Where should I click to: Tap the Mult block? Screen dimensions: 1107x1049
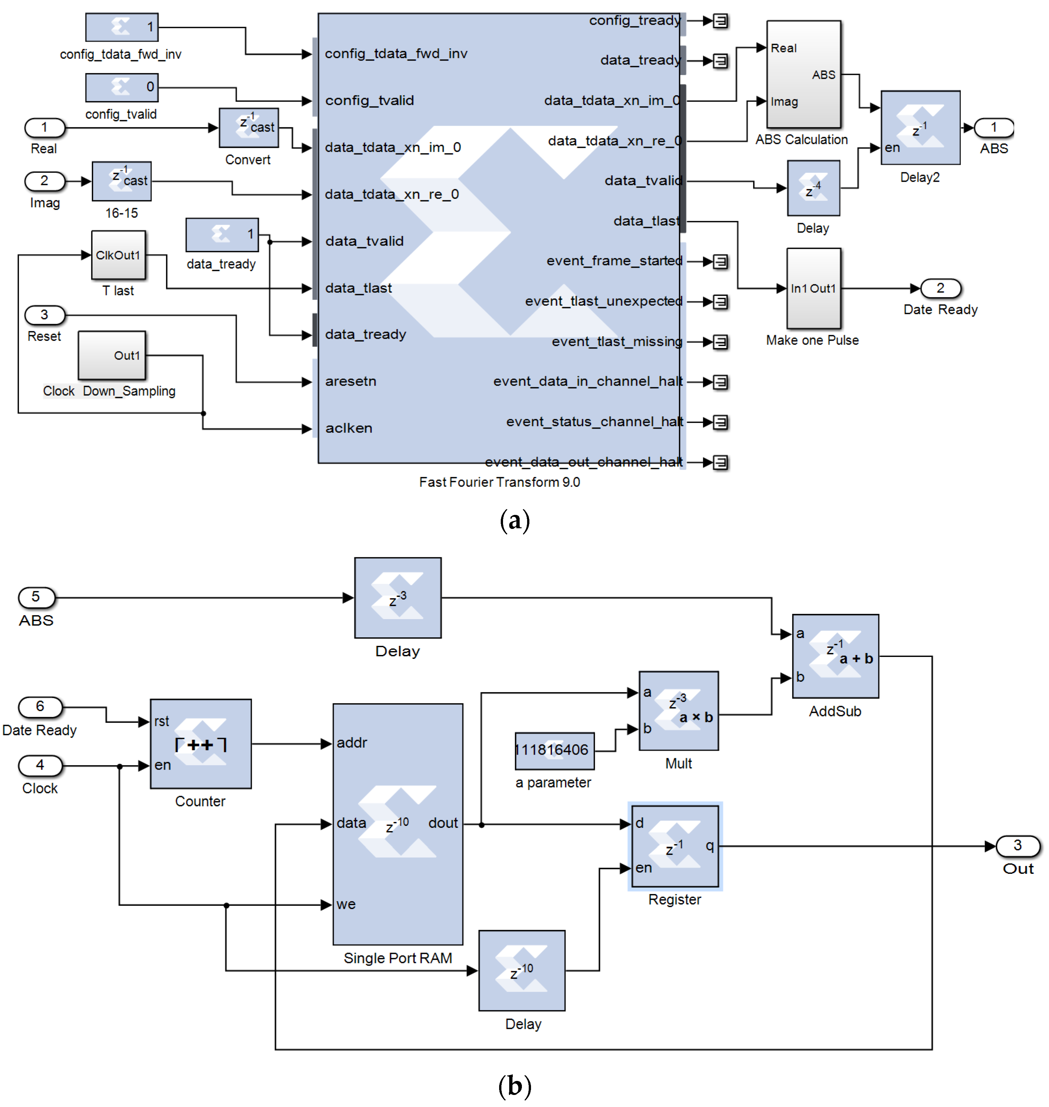(x=678, y=710)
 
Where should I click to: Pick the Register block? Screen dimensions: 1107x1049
(x=675, y=846)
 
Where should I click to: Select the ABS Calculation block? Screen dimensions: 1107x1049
(x=803, y=75)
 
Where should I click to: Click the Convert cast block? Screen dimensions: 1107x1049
(x=249, y=128)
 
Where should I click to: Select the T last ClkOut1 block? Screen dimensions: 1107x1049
(x=118, y=255)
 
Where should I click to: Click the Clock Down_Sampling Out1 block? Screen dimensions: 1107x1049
(x=112, y=355)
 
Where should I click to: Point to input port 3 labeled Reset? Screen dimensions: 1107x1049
(x=45, y=315)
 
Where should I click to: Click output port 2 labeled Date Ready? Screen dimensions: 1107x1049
(x=941, y=288)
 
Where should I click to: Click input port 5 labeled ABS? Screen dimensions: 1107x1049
(x=36, y=597)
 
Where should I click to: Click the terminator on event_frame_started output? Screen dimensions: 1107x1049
(x=721, y=261)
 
